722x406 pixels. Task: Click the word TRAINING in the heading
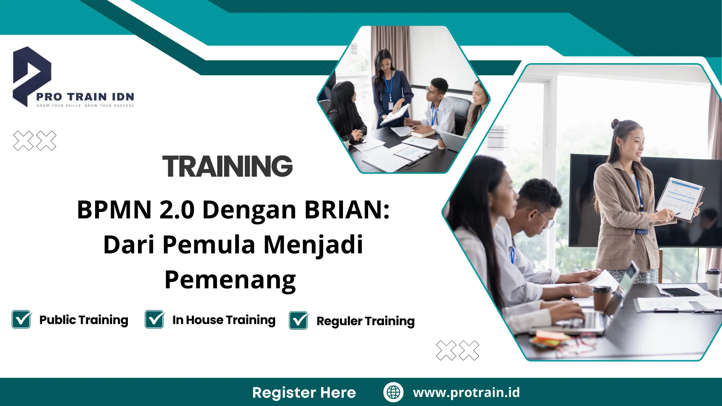click(x=227, y=167)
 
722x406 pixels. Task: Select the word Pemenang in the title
click(x=230, y=280)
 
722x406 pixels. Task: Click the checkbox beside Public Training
click(x=21, y=320)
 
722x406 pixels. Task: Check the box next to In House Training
click(x=155, y=320)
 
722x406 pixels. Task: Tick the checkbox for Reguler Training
click(x=299, y=321)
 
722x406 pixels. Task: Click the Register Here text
click(x=304, y=392)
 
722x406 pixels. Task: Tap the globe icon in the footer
click(x=393, y=392)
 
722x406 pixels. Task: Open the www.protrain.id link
click(x=466, y=392)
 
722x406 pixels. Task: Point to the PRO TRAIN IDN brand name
click(x=85, y=97)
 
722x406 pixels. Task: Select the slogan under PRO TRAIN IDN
click(x=85, y=106)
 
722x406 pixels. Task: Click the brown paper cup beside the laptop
click(x=602, y=299)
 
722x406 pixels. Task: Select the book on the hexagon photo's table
click(x=423, y=132)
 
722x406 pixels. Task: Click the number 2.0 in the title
click(x=177, y=209)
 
